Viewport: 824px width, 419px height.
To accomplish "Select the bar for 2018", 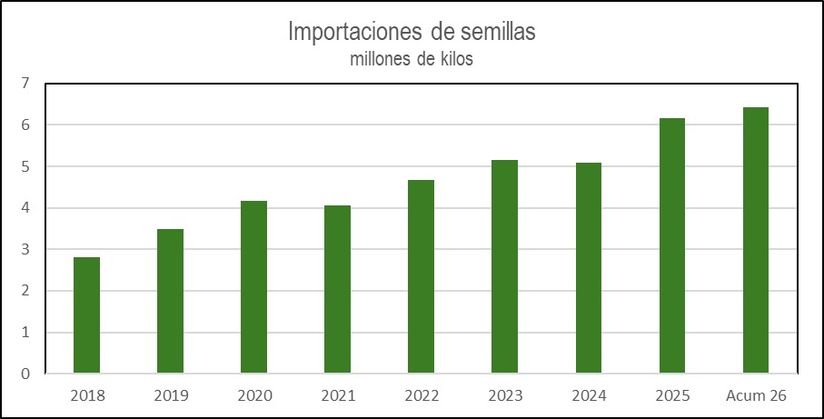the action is pyautogui.click(x=86, y=315).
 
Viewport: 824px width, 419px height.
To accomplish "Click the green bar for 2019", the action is pyautogui.click(x=170, y=301).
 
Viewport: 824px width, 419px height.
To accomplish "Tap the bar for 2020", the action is pyautogui.click(x=253, y=287).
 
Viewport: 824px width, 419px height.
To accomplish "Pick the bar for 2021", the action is pyautogui.click(x=337, y=290).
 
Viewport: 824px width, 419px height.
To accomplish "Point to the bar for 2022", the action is pyautogui.click(x=421, y=277).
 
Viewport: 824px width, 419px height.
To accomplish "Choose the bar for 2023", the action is pyautogui.click(x=505, y=267).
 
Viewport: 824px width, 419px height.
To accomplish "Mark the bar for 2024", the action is pyautogui.click(x=589, y=268).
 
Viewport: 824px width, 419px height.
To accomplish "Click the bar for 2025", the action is pyautogui.click(x=672, y=246).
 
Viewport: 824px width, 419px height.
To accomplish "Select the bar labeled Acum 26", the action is pyautogui.click(x=756, y=241).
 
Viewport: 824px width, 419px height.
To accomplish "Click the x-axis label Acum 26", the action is pyautogui.click(x=756, y=396).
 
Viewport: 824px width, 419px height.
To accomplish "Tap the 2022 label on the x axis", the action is pyautogui.click(x=422, y=396).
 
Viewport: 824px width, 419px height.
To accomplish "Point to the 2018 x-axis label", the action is pyautogui.click(x=87, y=396).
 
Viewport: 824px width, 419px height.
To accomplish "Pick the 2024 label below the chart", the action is pyautogui.click(x=589, y=396).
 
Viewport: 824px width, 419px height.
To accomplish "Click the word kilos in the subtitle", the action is pyautogui.click(x=457, y=59).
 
